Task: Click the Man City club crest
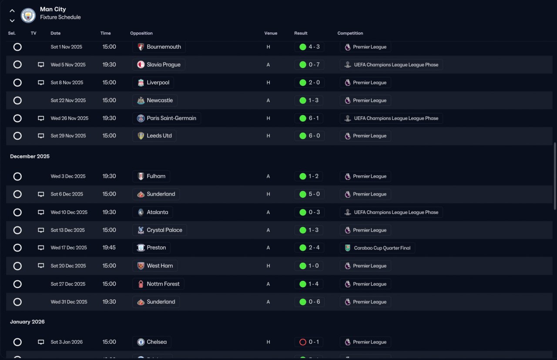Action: tap(28, 16)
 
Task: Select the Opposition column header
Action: tap(141, 34)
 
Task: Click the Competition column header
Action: tap(350, 34)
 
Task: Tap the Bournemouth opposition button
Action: tap(159, 47)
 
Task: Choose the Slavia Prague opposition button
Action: tap(159, 65)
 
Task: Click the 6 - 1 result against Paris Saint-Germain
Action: tap(309, 118)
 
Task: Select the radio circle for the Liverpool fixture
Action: tap(17, 83)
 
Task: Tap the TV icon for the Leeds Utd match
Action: tap(41, 136)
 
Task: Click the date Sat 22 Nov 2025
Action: tap(68, 101)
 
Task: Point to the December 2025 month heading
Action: tap(30, 156)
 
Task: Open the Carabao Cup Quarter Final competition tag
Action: tap(377, 248)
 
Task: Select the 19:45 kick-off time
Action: tap(109, 248)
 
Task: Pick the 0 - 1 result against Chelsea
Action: tap(309, 342)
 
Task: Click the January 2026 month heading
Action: tap(27, 322)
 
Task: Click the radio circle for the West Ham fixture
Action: tap(17, 266)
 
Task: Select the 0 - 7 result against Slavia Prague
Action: tap(309, 65)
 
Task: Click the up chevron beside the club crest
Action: tap(12, 11)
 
